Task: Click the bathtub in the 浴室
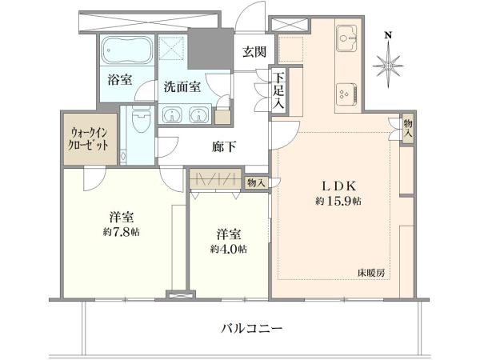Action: coord(126,50)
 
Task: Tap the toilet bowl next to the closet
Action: coord(141,121)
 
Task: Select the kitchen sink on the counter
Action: coord(346,38)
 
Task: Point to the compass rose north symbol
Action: coord(389,66)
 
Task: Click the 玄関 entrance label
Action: coord(254,52)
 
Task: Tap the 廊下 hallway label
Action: coord(224,147)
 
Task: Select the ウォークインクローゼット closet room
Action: coord(90,139)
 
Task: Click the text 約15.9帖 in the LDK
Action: coord(338,201)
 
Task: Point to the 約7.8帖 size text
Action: coord(122,232)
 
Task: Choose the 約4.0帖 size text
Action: coord(229,249)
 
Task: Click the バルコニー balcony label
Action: coord(252,329)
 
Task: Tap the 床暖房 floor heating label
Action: coord(372,273)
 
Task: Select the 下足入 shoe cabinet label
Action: coord(278,92)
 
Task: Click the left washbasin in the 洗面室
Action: coord(172,114)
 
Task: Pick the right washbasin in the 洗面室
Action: coord(199,114)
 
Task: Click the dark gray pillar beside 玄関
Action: coord(210,49)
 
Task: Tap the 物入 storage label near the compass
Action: coord(407,129)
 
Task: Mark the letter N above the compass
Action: coord(389,35)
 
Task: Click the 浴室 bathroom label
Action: coord(120,80)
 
